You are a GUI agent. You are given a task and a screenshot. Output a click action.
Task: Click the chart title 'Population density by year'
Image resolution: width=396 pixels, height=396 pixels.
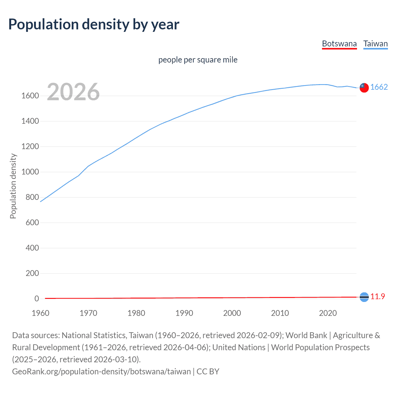tap(94, 25)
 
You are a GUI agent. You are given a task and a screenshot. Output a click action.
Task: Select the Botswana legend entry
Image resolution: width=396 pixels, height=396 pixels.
tap(339, 44)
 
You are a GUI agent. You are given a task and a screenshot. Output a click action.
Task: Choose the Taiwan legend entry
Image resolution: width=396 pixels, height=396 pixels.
tap(376, 44)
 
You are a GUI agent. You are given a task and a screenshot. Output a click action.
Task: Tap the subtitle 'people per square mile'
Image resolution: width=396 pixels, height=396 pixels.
tap(198, 60)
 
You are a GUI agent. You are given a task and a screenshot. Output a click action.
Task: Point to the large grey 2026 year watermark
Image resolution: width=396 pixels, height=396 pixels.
tap(73, 92)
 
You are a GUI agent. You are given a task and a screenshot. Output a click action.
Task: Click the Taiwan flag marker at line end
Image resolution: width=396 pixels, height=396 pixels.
tap(364, 88)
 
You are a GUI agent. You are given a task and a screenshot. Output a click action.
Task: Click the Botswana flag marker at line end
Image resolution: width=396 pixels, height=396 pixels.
tap(364, 297)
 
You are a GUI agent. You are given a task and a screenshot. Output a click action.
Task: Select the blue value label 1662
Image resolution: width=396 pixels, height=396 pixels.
tap(379, 87)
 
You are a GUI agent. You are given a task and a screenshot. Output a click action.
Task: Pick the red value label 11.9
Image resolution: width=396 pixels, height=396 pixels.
tap(378, 297)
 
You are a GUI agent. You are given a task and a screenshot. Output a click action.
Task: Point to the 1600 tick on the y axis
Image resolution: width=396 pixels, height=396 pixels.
tap(30, 96)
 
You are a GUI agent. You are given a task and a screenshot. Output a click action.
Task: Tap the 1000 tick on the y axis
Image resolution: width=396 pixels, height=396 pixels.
tap(30, 172)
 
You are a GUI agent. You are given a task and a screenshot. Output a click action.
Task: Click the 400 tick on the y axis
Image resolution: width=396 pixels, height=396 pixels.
tap(32, 248)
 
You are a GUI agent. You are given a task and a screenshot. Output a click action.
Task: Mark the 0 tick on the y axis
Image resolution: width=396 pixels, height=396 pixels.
tap(37, 299)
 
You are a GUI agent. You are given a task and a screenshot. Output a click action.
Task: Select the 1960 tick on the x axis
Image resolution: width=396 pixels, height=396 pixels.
tap(41, 313)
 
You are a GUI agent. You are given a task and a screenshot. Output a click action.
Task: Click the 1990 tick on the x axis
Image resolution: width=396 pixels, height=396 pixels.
tap(184, 313)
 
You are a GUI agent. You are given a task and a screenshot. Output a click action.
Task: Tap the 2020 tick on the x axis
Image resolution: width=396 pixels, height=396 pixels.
tap(328, 313)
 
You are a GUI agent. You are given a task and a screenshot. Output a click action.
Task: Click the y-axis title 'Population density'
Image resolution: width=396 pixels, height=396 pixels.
tap(13, 186)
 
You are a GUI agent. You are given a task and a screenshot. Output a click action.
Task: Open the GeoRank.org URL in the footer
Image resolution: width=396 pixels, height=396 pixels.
tap(101, 371)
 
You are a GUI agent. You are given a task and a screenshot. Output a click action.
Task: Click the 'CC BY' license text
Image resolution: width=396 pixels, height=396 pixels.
tap(208, 371)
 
